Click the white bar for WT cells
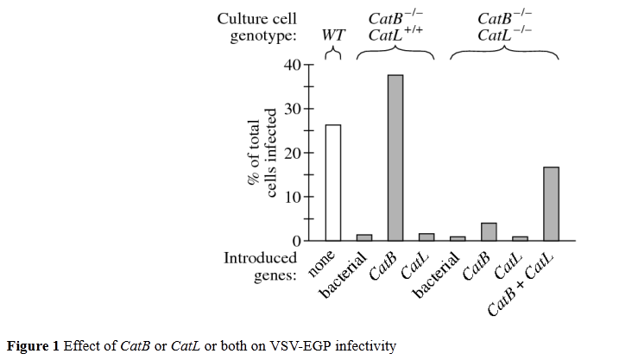point(332,182)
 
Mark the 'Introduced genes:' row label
point(260,266)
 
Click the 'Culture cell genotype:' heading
point(256,27)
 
